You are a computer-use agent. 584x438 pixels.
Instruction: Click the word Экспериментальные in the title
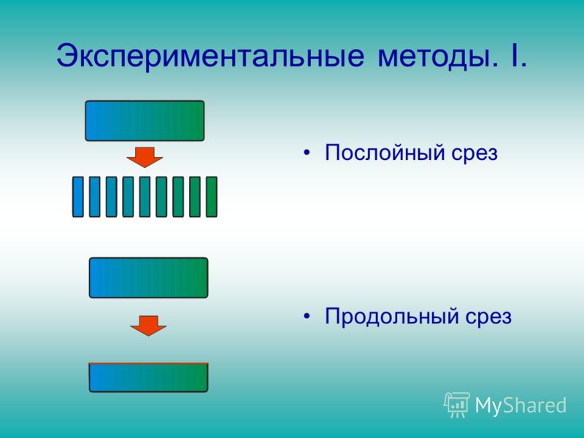pos(210,56)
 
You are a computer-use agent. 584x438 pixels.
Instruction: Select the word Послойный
pos(385,153)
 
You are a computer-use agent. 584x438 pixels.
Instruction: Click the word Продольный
pos(392,316)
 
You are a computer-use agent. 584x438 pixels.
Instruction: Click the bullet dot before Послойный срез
pos(307,153)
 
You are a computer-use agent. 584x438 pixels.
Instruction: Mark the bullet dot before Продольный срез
pos(307,317)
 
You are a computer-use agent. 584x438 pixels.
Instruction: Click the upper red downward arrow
pos(145,157)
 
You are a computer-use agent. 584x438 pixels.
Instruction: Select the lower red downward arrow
pos(148,326)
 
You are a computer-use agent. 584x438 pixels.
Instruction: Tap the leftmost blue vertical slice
pos(78,196)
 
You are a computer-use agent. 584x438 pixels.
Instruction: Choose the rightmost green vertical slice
pos(212,196)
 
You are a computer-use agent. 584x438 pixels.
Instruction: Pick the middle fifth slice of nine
pos(145,196)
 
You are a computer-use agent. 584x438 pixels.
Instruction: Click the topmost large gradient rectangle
pos(145,120)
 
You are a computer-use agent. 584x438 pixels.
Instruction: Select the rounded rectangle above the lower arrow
pos(149,277)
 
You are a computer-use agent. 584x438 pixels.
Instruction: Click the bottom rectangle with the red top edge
pos(149,377)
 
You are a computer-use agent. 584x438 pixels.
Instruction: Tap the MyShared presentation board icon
pos(457,405)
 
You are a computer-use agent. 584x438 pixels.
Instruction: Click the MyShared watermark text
pos(520,405)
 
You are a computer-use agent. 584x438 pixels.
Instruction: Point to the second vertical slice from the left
pos(95,196)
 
